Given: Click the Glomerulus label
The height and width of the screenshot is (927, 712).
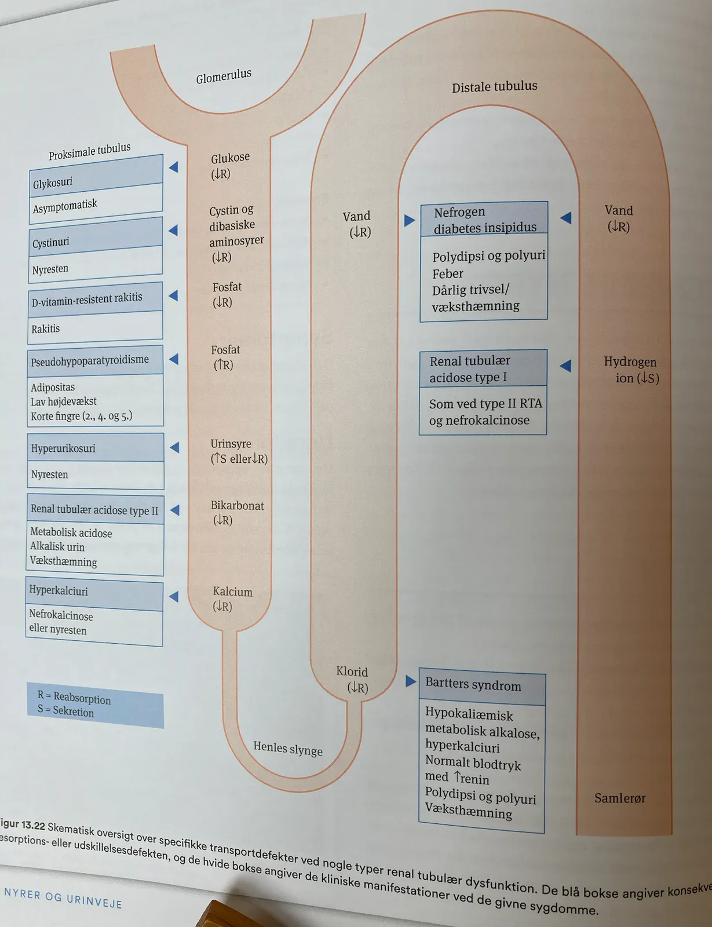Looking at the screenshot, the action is pyautogui.click(x=224, y=76).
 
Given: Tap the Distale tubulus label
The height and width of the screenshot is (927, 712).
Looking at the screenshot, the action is pyautogui.click(x=494, y=87).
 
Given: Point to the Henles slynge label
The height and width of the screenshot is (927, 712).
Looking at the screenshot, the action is pyautogui.click(x=288, y=748).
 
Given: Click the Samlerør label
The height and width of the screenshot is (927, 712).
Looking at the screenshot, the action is pyautogui.click(x=620, y=798).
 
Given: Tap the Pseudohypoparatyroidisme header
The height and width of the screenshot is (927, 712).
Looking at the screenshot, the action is pyautogui.click(x=95, y=360).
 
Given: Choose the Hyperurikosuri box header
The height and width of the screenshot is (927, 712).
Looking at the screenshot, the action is pyautogui.click(x=96, y=447).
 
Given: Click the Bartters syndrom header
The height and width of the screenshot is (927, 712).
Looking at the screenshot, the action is pyautogui.click(x=483, y=686).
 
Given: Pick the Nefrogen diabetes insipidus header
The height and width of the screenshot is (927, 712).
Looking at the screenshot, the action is pyautogui.click(x=484, y=219).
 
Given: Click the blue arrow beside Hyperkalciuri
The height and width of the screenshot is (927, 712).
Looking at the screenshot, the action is pyautogui.click(x=174, y=596).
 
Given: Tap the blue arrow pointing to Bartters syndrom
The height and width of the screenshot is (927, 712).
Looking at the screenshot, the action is pyautogui.click(x=410, y=681).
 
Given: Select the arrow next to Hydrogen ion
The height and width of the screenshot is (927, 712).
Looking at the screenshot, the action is pyautogui.click(x=565, y=366).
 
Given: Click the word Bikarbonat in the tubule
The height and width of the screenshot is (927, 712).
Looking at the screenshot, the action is pyautogui.click(x=237, y=506).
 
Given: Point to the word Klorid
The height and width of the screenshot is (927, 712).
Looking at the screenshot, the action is pyautogui.click(x=352, y=671).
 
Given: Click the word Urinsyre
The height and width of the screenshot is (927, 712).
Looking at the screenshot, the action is pyautogui.click(x=231, y=444).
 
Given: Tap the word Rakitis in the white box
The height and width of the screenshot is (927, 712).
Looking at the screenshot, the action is pyautogui.click(x=45, y=329).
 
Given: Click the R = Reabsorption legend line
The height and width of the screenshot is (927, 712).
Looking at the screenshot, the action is pyautogui.click(x=74, y=697).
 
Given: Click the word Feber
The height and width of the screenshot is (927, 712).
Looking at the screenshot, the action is pyautogui.click(x=447, y=273).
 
